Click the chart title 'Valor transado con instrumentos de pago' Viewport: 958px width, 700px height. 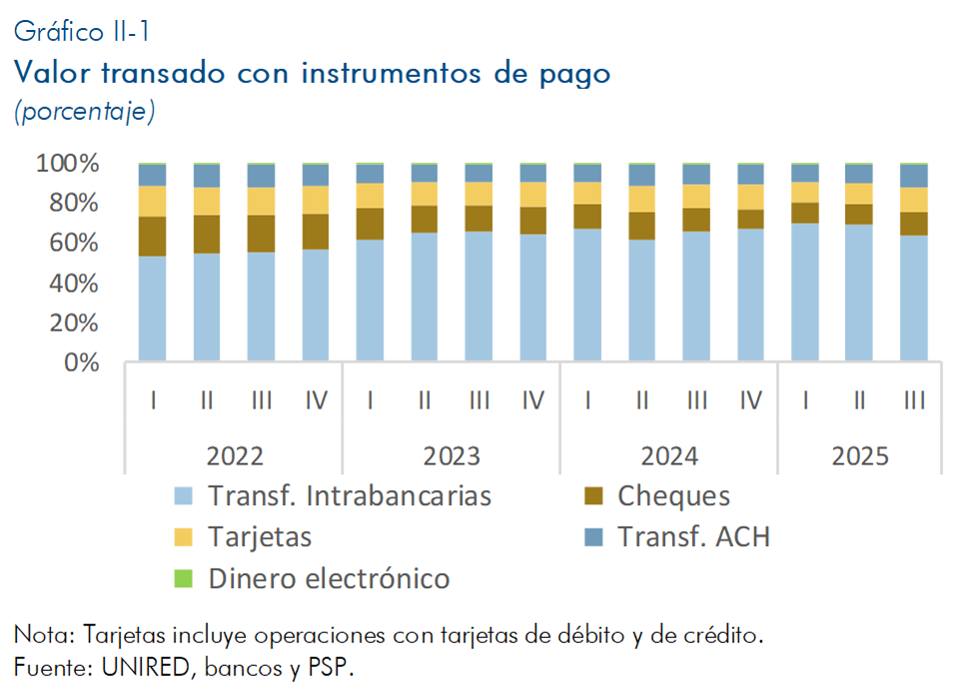pyautogui.click(x=311, y=74)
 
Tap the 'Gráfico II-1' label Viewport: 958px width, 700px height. pyautogui.click(x=82, y=33)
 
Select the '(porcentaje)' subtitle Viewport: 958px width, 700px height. pyautogui.click(x=84, y=112)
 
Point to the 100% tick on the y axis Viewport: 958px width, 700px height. pyautogui.click(x=68, y=164)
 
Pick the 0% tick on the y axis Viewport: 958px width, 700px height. pyautogui.click(x=80, y=363)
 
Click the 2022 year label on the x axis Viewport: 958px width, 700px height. pyautogui.click(x=235, y=456)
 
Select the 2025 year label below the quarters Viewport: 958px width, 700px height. pyautogui.click(x=859, y=456)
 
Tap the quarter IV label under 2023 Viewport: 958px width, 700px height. pyautogui.click(x=532, y=401)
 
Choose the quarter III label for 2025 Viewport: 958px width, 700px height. pyautogui.click(x=913, y=401)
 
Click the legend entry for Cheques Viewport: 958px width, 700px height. pyautogui.click(x=673, y=495)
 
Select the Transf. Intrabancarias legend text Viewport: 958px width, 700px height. pyautogui.click(x=350, y=495)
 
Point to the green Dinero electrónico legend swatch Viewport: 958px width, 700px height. pyautogui.click(x=183, y=578)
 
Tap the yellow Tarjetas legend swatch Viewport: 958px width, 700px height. pyautogui.click(x=183, y=537)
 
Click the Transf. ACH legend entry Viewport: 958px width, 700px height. pyautogui.click(x=693, y=537)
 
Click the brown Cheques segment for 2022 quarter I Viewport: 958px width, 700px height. pyautogui.click(x=153, y=236)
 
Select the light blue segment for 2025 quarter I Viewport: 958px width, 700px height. pyautogui.click(x=805, y=291)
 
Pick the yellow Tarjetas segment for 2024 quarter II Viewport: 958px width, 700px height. pyautogui.click(x=641, y=199)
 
